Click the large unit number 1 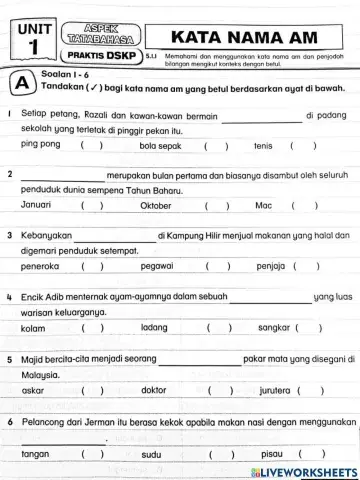click(34, 47)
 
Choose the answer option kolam click(33, 327)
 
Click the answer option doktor click(154, 390)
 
